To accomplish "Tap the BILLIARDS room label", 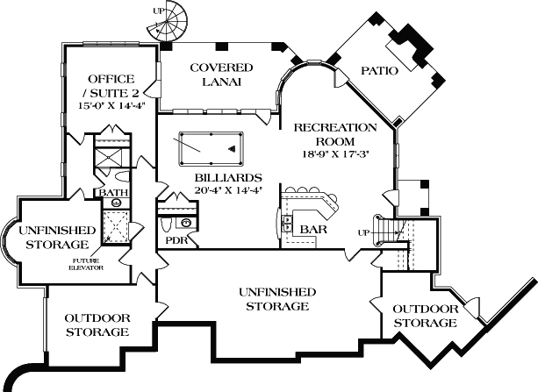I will click(223, 176).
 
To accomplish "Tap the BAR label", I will click(314, 229).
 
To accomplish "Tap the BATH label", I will click(112, 192).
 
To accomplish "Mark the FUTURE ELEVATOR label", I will click(87, 264).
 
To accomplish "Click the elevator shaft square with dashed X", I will click(114, 225).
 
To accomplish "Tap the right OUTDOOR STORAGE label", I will click(425, 316).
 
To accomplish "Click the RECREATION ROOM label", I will click(336, 133).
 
